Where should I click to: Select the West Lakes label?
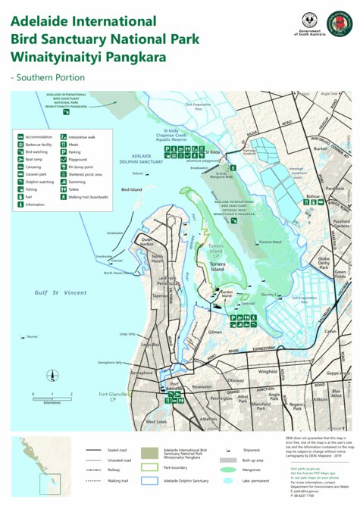[x=155, y=421]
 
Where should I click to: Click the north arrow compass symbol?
[x=52, y=374]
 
